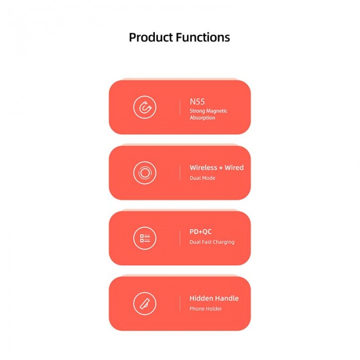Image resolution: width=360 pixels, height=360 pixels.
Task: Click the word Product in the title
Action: coord(151,38)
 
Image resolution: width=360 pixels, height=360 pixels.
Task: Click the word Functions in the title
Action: coord(203,37)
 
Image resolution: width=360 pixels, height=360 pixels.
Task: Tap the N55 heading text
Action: coord(197,102)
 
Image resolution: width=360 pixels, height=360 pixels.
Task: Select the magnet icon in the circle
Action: coord(145,107)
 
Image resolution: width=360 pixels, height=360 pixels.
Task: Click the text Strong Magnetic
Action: coord(208,111)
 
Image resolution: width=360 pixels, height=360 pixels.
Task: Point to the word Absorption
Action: coord(202,118)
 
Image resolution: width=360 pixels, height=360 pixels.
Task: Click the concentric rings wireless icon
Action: coord(145,173)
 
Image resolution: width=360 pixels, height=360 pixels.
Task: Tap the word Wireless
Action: coord(204,168)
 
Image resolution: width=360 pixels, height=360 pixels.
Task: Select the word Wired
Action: coord(234,168)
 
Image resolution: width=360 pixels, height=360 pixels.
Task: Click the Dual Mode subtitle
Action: coord(202,178)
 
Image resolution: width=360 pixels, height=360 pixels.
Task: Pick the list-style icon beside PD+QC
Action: coord(145,238)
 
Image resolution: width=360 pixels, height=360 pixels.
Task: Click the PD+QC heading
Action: coord(201,231)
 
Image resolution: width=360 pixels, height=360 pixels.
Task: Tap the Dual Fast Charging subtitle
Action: coord(212,242)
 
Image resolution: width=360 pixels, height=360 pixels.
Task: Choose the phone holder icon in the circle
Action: coord(145,303)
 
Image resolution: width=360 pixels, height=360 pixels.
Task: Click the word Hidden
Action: coord(200,298)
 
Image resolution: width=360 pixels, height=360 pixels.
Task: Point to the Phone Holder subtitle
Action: coord(206,309)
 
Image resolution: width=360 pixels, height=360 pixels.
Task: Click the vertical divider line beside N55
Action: coord(180,107)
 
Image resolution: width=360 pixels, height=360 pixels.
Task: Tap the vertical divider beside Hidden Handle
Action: coord(180,303)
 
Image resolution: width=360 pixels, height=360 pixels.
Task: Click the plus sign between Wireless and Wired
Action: coord(221,168)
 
